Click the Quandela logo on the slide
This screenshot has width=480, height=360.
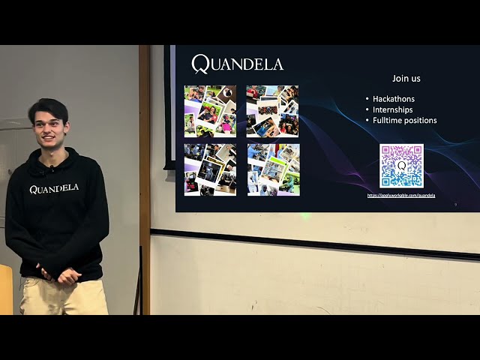point(237,64)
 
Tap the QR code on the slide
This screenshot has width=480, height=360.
point(401,166)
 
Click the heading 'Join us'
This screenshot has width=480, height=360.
point(406,78)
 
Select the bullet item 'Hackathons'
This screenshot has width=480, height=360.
point(393,99)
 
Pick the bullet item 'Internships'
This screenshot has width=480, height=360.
point(392,109)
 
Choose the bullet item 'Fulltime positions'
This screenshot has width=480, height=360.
point(404,120)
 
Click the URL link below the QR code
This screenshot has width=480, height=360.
point(401,195)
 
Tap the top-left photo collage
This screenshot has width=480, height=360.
point(210,111)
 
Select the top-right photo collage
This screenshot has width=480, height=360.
point(273,111)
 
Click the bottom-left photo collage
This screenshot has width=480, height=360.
point(210,169)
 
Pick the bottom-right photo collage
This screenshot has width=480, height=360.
point(273,169)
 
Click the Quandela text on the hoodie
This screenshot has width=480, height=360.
point(54,189)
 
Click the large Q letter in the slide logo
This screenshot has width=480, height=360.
point(200,64)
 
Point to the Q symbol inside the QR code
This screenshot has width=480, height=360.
point(401,166)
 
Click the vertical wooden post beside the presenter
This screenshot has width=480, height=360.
point(144,180)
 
